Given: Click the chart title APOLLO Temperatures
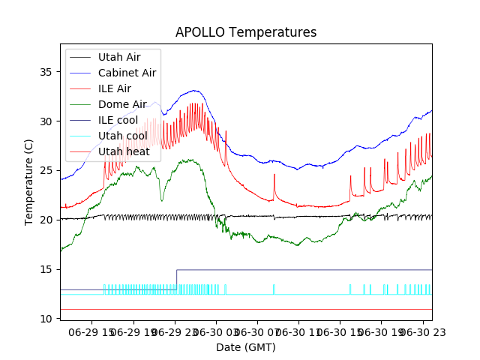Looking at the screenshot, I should coord(246,33).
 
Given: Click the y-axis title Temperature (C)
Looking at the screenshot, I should coord(29,181).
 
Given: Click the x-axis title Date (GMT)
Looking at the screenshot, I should coord(246,347).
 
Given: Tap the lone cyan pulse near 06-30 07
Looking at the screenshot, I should coord(274,289).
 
